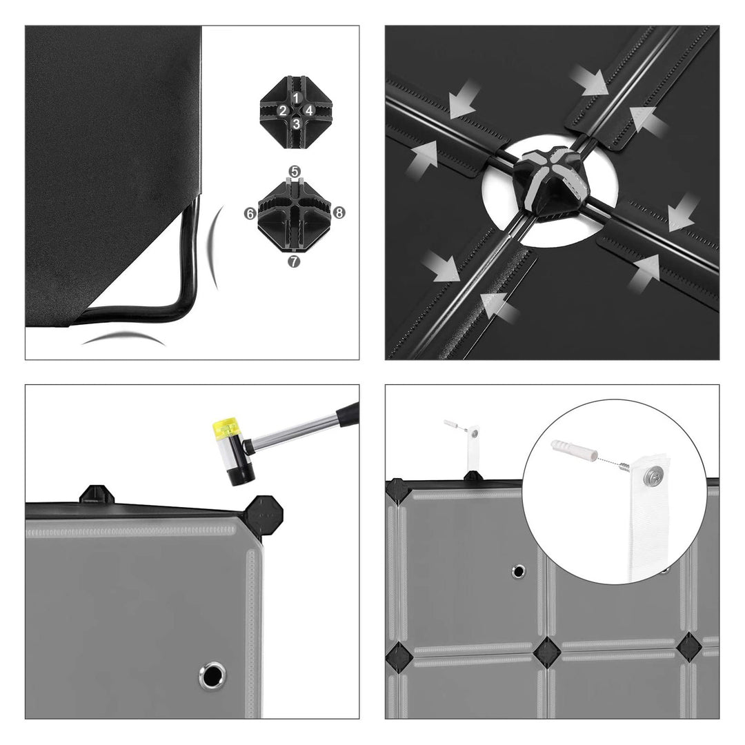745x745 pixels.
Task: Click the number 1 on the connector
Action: [296, 98]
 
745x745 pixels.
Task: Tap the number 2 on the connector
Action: [283, 110]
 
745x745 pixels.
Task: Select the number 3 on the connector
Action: [296, 124]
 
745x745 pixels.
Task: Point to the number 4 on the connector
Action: [309, 110]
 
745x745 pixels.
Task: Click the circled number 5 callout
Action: [295, 172]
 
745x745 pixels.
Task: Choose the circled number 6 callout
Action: [250, 214]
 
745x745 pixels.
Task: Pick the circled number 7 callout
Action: [294, 261]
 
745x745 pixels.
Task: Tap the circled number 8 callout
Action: [339, 212]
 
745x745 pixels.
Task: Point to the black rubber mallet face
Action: [241, 475]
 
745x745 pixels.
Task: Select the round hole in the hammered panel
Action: [212, 675]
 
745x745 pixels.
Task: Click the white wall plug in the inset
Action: [573, 451]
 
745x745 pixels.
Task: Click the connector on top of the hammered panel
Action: [97, 495]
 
